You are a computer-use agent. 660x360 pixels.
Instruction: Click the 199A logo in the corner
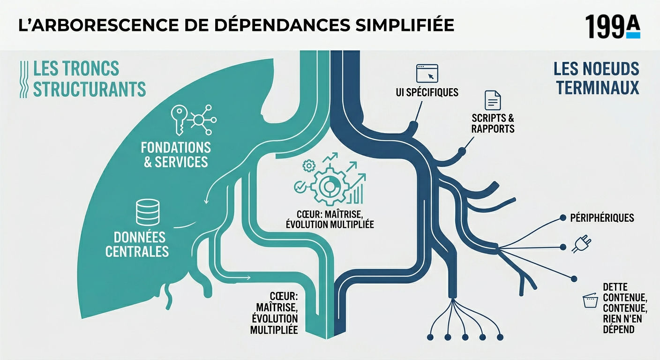point(613,27)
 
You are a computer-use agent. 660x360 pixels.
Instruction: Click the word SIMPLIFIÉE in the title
point(405,25)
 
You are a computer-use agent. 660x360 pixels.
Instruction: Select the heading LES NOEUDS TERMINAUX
point(596,78)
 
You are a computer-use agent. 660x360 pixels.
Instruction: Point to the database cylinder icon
point(148,212)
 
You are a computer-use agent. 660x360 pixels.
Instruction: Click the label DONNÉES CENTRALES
point(137,245)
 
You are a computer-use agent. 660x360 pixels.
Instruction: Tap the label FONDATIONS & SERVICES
point(176,155)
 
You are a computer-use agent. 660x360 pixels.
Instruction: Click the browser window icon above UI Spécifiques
point(427,73)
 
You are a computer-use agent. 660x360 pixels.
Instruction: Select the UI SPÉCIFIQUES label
point(427,92)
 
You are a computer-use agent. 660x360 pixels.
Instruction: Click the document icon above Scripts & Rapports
point(493,100)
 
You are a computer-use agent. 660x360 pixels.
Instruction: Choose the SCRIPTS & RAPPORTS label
point(493,123)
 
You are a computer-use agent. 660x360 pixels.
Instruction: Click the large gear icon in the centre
point(330,186)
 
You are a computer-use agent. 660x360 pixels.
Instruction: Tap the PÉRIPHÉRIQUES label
point(602,217)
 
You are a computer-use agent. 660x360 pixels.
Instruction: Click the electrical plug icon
point(581,244)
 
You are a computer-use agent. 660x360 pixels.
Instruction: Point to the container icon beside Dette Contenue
point(590,300)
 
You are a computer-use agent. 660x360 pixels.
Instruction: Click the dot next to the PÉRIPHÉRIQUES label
point(563,217)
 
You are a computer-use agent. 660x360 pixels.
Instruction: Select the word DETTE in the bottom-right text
point(615,287)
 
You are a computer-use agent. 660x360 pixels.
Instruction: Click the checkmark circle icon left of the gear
point(300,187)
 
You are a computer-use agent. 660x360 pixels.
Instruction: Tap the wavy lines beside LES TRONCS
point(24,79)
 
